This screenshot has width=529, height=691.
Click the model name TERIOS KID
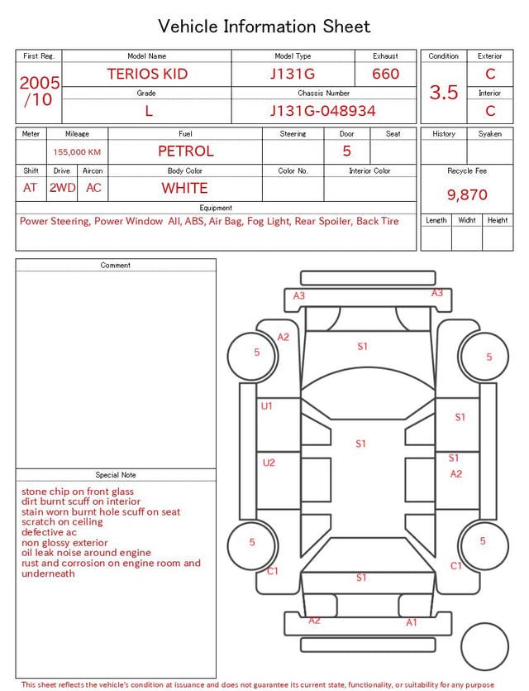tap(147, 74)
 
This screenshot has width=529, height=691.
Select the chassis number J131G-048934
tap(323, 111)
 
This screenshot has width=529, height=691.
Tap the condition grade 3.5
tap(444, 93)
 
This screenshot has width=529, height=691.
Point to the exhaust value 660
tap(385, 74)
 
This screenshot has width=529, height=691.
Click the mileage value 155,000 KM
tap(77, 152)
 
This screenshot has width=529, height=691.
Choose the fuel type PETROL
tap(186, 151)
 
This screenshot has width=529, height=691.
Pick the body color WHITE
tap(184, 188)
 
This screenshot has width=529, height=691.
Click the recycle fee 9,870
tap(467, 194)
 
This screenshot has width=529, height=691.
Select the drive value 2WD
tap(62, 188)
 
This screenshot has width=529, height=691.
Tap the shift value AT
tap(30, 188)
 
